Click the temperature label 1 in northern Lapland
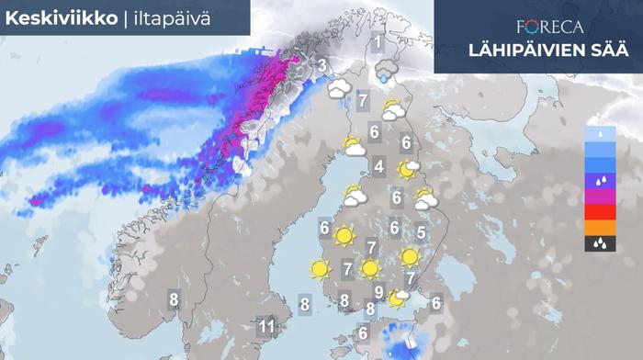click(x=377, y=42)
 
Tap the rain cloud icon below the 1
click(x=386, y=71)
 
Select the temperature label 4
click(x=378, y=166)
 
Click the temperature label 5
click(x=421, y=232)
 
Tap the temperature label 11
click(x=266, y=325)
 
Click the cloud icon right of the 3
click(x=342, y=89)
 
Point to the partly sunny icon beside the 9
click(x=399, y=297)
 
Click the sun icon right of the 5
click(x=411, y=257)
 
